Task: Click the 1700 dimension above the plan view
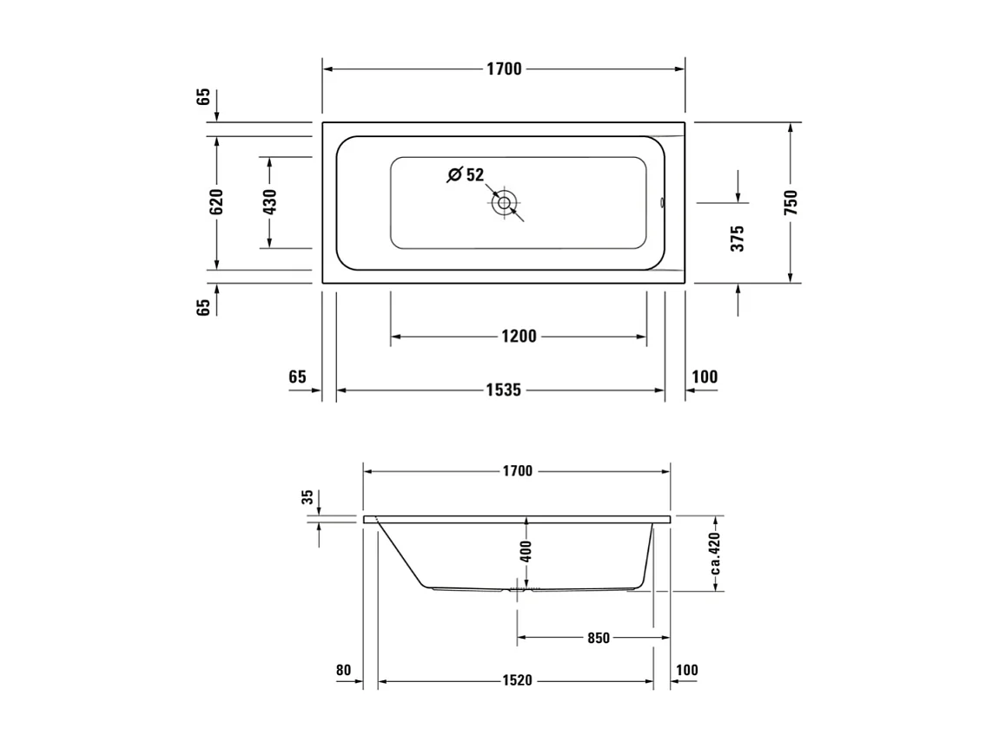504,69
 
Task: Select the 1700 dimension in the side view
517,471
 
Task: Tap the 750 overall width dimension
790,202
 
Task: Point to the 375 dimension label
738,239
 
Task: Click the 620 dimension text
216,201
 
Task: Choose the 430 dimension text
269,201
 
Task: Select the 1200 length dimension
519,337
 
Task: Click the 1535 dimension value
503,390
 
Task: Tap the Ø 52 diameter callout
466,175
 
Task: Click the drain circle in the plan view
503,205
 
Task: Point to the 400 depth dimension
526,551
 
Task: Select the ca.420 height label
715,554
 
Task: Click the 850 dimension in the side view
599,639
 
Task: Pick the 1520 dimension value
516,681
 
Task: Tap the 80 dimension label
343,670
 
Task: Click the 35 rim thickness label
307,497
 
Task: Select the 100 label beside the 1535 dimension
705,377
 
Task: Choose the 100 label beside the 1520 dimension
686,670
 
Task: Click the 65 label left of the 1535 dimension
297,377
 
